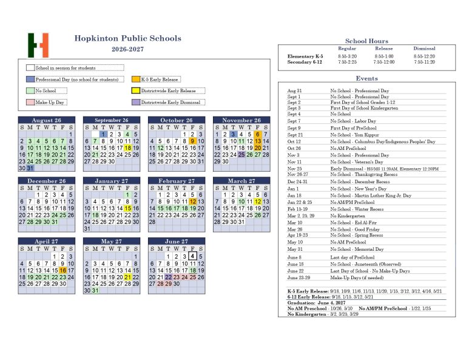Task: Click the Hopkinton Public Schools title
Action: [127, 38]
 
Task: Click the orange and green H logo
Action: [38, 45]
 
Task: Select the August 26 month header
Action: [46, 120]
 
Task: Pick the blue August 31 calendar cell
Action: [30, 168]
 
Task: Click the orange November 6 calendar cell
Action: [258, 134]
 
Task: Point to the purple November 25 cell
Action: [241, 155]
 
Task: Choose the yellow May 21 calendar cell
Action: [128, 277]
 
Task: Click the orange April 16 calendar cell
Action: [62, 270]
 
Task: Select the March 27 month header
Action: [241, 181]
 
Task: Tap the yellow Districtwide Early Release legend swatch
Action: [136, 91]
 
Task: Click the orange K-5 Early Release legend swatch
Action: [136, 80]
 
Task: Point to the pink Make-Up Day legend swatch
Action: [30, 103]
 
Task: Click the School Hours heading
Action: [366, 41]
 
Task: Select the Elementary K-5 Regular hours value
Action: [346, 56]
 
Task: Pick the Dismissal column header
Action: [424, 49]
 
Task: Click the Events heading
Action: [366, 78]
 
